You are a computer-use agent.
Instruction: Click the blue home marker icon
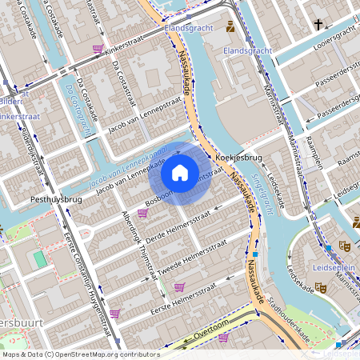(180, 172)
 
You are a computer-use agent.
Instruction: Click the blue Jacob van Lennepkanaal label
(128, 164)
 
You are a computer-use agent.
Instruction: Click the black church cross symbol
(318, 25)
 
